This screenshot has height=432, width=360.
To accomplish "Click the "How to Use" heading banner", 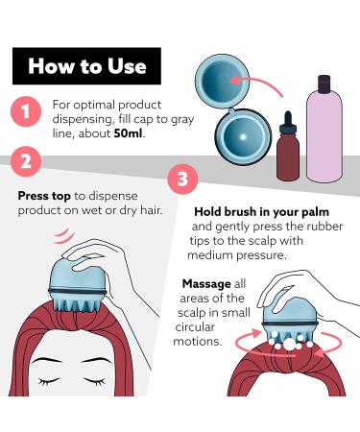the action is tap(86, 66).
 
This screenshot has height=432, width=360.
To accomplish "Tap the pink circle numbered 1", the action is tap(26, 111).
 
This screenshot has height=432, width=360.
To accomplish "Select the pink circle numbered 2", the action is tap(26, 161).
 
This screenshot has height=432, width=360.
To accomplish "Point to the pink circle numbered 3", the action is tap(182, 179).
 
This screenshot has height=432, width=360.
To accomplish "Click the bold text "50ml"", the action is tap(128, 133).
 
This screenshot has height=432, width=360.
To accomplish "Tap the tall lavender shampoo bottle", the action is tap(324, 129).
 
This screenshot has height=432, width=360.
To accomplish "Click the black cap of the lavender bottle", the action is tap(324, 84).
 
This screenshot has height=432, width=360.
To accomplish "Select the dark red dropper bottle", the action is tap(288, 146).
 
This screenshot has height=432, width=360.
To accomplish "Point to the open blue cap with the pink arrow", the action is tap(222, 81).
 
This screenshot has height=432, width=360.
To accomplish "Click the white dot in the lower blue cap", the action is tap(243, 137).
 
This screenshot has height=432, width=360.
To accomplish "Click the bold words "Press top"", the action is tap(44, 196).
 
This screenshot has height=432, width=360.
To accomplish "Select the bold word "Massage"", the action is tap(206, 283).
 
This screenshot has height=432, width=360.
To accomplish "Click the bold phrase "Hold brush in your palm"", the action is tap(261, 211).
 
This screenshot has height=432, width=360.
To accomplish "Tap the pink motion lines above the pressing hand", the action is tap(64, 236).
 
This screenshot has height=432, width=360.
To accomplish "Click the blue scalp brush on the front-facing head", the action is tap(77, 285).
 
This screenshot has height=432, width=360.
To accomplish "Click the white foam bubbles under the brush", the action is tap(290, 345).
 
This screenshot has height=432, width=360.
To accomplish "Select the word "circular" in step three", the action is tap(195, 327).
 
